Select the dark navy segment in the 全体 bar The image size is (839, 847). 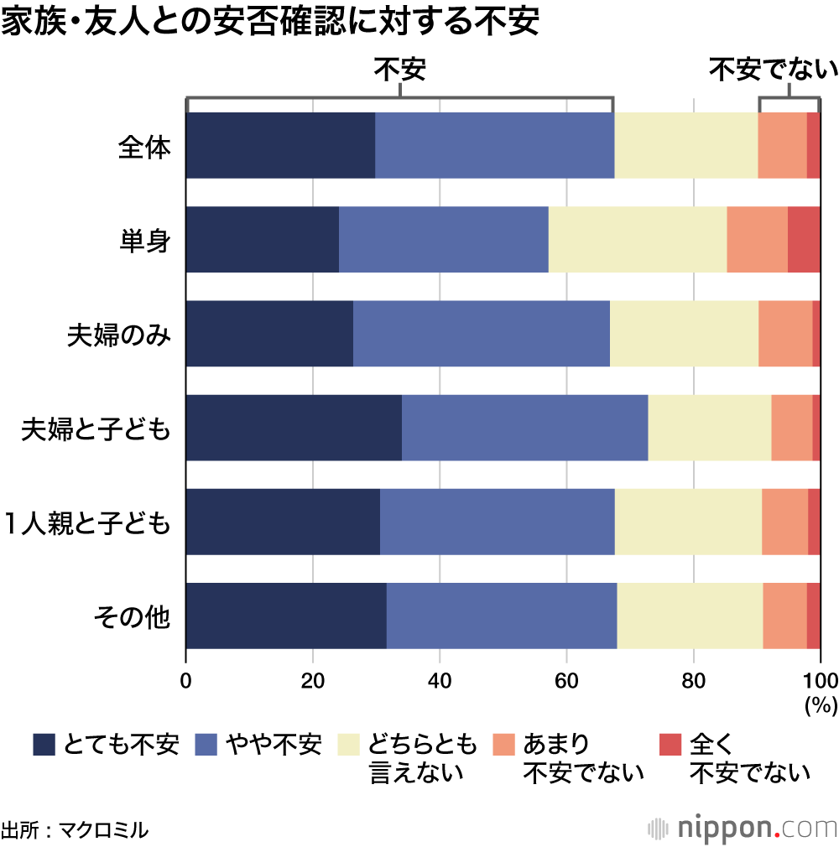tap(280, 145)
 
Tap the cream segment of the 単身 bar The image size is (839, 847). tap(637, 239)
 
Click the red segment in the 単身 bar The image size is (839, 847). tap(804, 239)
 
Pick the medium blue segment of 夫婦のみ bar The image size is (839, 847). tap(481, 333)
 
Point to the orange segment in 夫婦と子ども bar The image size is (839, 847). tap(791, 428)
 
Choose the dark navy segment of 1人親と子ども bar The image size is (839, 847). tap(283, 522)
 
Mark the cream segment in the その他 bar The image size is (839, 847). tap(690, 616)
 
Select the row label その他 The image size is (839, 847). tap(132, 618)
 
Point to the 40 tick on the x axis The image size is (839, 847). tap(439, 678)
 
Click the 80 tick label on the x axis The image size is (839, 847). tap(693, 678)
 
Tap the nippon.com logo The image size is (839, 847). tap(743, 829)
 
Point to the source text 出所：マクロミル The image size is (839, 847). tap(75, 830)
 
